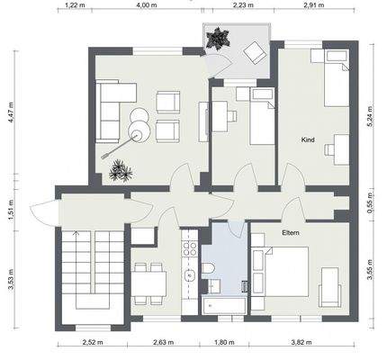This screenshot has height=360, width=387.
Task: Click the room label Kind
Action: (x=308, y=139)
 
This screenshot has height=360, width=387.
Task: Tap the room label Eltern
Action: (x=291, y=232)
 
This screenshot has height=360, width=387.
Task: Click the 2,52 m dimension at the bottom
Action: (x=93, y=342)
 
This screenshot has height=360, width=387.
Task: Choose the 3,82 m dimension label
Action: (x=301, y=342)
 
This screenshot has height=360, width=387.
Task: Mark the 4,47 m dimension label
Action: (x=11, y=112)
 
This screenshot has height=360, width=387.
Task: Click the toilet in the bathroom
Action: (x=207, y=268)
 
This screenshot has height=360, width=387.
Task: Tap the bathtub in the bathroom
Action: (x=224, y=306)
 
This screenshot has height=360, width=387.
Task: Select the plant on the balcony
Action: (x=218, y=38)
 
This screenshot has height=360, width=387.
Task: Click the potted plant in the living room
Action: (x=121, y=171)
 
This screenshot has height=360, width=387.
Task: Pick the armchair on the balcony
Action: (x=255, y=52)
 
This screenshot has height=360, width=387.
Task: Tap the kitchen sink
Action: (x=190, y=274)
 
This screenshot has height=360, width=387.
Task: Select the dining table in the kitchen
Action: (x=148, y=283)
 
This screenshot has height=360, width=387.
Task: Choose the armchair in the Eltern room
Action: (x=330, y=287)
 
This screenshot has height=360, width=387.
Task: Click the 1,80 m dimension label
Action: (x=224, y=342)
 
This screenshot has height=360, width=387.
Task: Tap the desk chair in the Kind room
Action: (x=329, y=150)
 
